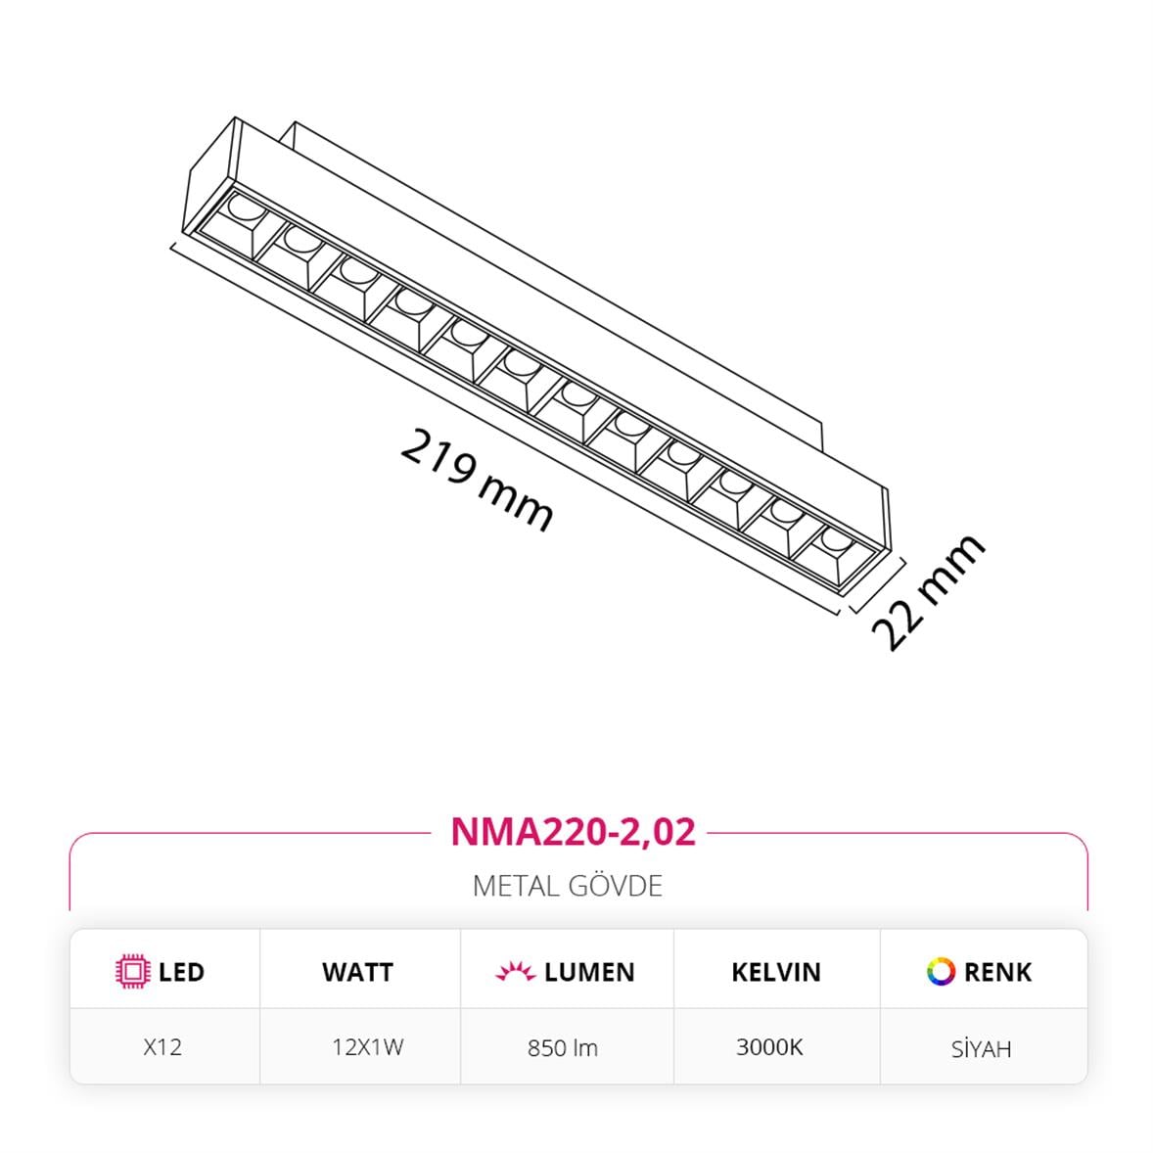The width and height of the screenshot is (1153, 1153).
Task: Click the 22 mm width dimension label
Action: coord(927,592)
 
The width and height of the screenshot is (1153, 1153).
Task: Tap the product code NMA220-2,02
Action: coord(573,832)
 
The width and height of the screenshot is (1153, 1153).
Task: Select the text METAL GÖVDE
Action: coord(568,886)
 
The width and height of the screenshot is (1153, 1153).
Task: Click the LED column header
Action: coord(181,972)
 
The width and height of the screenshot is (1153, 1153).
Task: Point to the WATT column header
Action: coord(357,972)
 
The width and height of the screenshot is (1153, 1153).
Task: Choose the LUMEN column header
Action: coord(588,972)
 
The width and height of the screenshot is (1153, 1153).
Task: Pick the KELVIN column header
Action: coord(775,972)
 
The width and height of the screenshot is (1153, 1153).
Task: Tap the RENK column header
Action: coord(997,972)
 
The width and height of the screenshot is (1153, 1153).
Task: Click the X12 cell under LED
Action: coord(162,1047)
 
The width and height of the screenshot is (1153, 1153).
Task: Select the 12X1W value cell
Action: coord(367,1047)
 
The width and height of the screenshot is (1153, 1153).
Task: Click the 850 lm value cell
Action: coord(562,1048)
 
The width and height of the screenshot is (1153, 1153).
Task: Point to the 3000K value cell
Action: coord(769,1047)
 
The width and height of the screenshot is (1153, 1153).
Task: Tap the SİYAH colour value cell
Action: coord(981,1049)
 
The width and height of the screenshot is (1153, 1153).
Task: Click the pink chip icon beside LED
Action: coord(132,971)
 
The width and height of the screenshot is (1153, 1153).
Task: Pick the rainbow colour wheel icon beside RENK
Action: coord(941,971)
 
